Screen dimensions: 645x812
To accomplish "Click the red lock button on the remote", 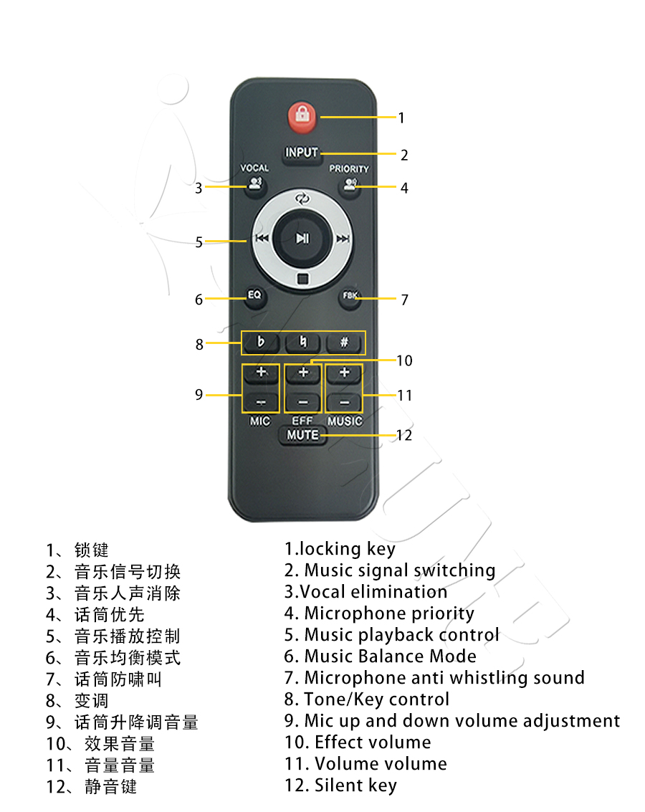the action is click(x=302, y=115).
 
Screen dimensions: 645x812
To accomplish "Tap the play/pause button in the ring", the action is click(x=302, y=238).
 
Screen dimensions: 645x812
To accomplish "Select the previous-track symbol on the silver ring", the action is click(x=262, y=238).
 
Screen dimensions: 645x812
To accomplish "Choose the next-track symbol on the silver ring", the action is click(x=343, y=239).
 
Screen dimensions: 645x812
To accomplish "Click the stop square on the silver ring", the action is click(x=303, y=279).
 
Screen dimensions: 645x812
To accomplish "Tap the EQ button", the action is click(x=254, y=296).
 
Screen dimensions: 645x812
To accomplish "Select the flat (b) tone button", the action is click(x=261, y=343).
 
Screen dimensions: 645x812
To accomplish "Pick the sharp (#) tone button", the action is click(x=344, y=343).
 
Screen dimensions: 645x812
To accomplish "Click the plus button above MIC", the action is click(x=262, y=373).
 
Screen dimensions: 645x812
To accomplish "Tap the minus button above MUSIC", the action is click(x=344, y=402).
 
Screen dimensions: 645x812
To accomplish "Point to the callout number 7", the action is click(x=405, y=300).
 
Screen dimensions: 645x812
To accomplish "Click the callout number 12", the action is click(x=404, y=435).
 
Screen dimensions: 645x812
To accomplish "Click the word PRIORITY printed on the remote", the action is click(x=350, y=169).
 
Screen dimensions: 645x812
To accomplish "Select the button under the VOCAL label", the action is click(x=255, y=184).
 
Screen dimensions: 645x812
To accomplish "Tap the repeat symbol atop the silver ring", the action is click(x=302, y=199).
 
